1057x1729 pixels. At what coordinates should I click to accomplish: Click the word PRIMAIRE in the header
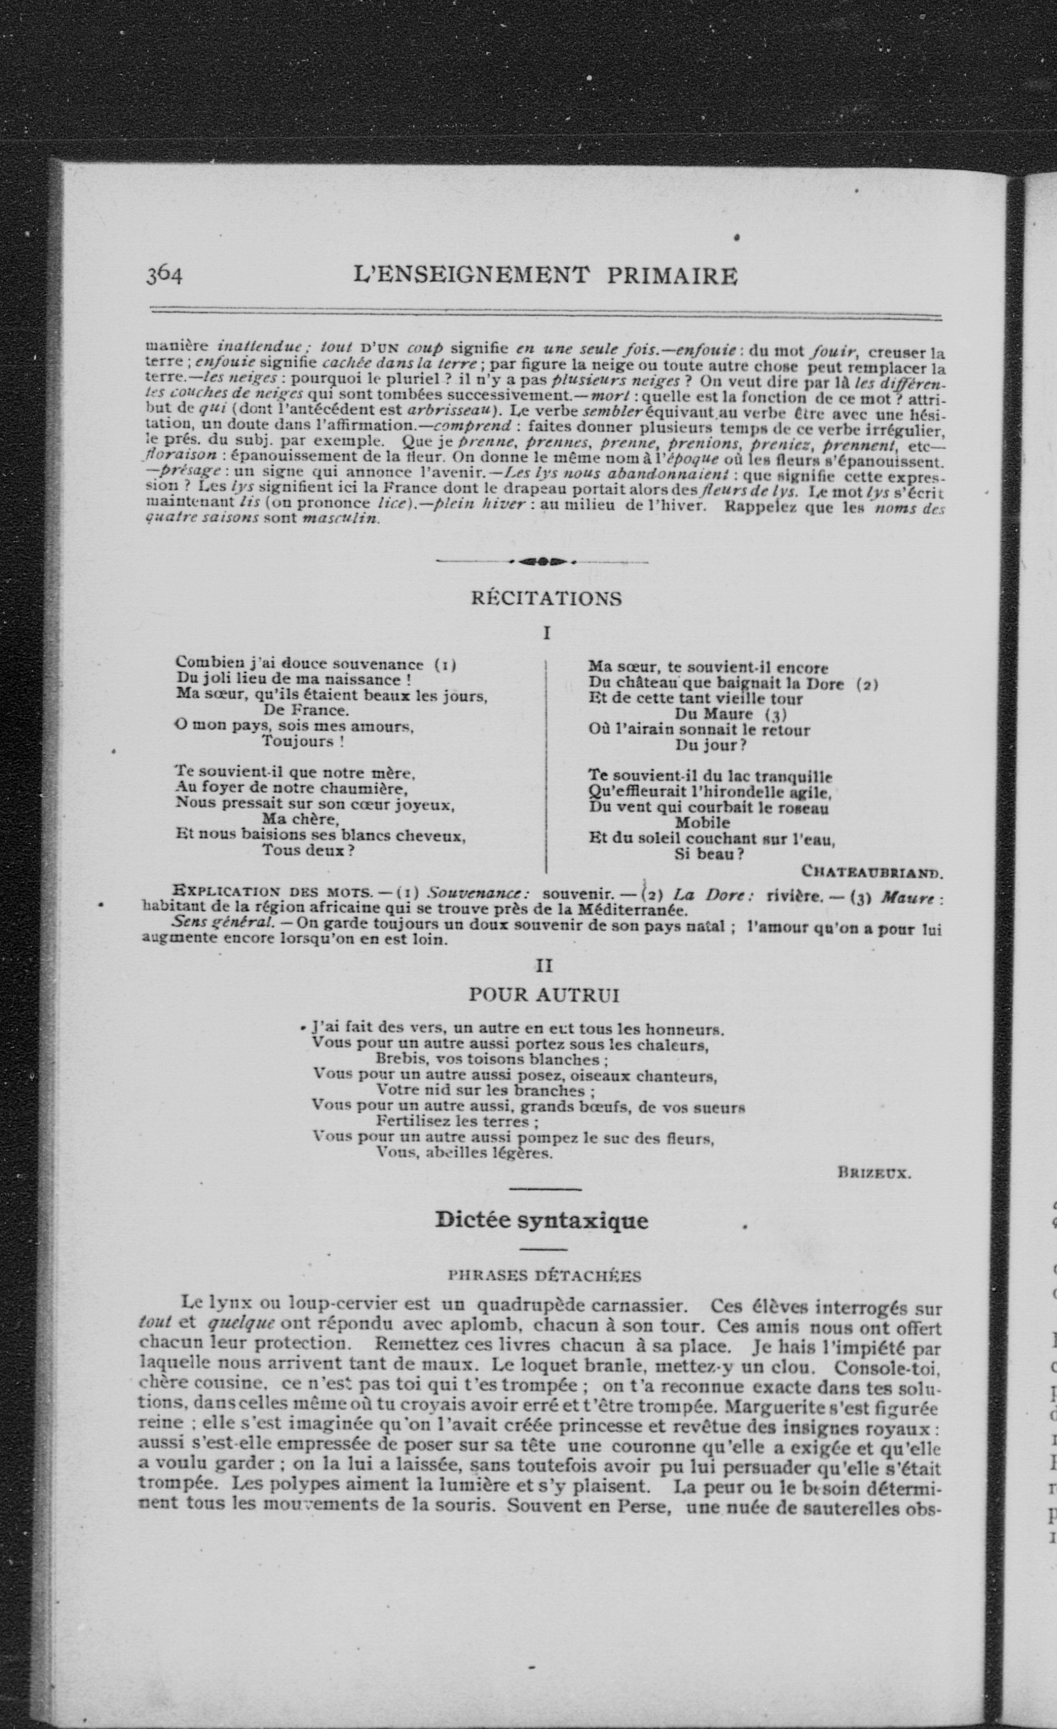672,276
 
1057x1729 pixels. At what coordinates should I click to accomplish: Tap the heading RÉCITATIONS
546,598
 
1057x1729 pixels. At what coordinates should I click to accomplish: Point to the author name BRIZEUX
874,1173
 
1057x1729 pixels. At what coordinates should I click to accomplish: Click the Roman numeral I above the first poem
546,633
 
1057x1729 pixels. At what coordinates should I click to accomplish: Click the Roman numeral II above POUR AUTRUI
545,966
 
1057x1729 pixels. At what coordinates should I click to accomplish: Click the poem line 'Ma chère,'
301,819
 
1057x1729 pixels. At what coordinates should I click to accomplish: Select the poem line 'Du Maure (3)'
730,714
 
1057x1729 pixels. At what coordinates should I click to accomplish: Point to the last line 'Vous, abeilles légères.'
464,1152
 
